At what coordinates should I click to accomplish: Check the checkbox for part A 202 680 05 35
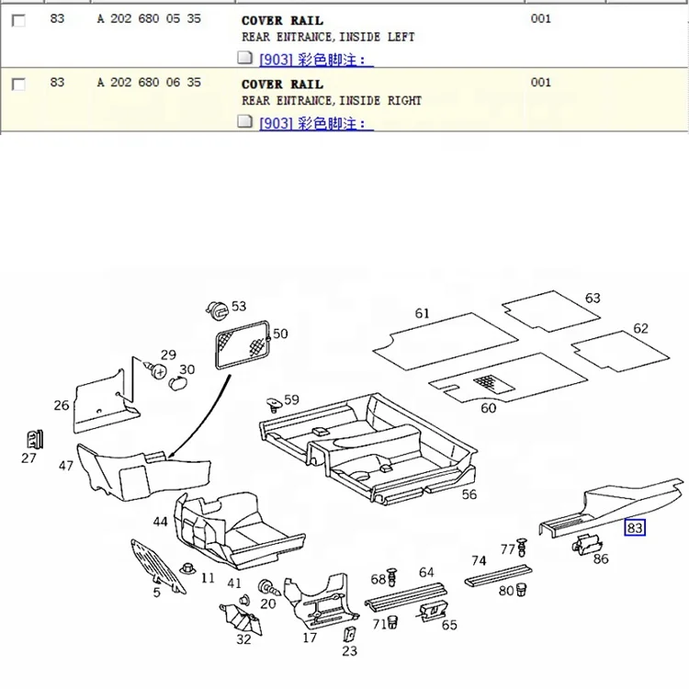(18, 20)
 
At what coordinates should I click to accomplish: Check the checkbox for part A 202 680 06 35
(18, 84)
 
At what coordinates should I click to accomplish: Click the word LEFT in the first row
(401, 37)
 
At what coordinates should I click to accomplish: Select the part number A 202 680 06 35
(149, 82)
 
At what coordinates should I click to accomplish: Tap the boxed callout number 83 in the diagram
(635, 527)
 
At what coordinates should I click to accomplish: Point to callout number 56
(469, 495)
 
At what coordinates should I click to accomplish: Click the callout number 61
(422, 313)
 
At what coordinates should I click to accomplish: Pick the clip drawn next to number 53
(217, 311)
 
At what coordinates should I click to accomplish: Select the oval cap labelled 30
(177, 383)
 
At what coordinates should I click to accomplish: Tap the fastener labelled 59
(274, 404)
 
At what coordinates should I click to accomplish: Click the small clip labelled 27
(34, 439)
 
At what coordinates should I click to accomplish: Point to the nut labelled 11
(187, 569)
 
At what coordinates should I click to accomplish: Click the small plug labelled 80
(521, 589)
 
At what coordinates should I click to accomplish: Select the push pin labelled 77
(522, 547)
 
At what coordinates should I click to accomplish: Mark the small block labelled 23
(349, 635)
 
